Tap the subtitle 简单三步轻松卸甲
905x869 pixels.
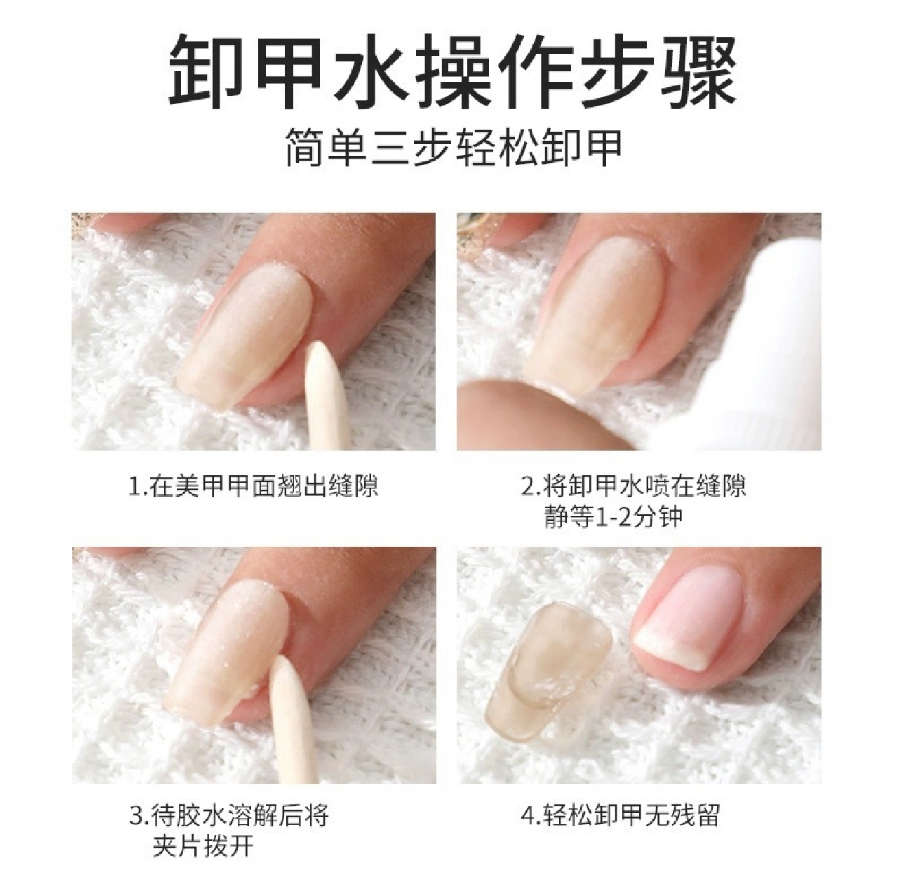click(x=453, y=147)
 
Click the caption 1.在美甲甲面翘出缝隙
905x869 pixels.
click(x=253, y=486)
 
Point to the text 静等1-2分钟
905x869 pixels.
click(x=613, y=517)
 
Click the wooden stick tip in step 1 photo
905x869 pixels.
click(x=318, y=345)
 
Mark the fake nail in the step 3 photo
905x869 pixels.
click(x=228, y=665)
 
